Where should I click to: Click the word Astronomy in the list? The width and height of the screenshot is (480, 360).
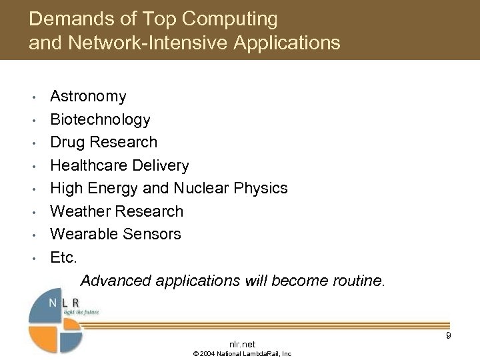pyautogui.click(x=88, y=97)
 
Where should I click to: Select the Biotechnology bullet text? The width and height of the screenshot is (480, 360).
pyautogui.click(x=100, y=120)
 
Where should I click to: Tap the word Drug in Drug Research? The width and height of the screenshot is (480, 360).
pyautogui.click(x=67, y=143)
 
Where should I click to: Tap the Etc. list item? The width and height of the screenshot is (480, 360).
pyautogui.click(x=63, y=257)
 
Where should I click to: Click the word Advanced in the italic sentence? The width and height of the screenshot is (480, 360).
pyautogui.click(x=115, y=280)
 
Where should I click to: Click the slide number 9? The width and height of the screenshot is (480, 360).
pyautogui.click(x=449, y=335)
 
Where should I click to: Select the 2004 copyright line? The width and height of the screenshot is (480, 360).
pyautogui.click(x=242, y=353)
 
